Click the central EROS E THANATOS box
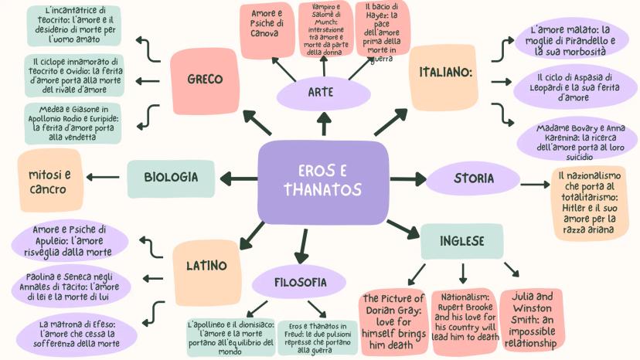(322, 181)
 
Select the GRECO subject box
(205, 79)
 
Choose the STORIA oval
(474, 178)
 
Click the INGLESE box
(462, 241)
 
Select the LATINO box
(206, 266)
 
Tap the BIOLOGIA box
(171, 177)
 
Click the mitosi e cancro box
(49, 182)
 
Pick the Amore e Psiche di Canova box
(267, 29)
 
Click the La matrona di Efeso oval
(80, 333)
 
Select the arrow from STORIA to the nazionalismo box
(535, 184)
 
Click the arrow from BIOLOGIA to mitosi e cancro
(103, 177)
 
